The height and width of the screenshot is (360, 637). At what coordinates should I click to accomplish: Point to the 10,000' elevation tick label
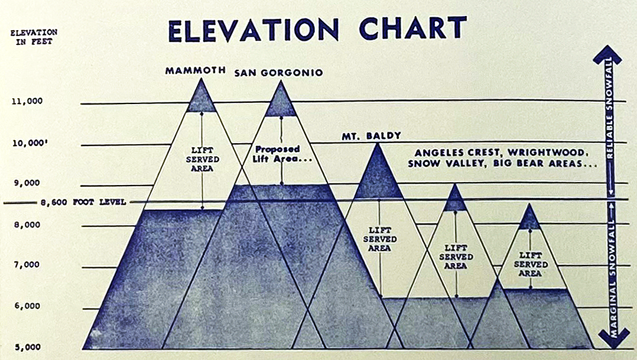coord(28,142)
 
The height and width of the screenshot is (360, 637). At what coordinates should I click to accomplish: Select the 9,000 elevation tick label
coord(27,183)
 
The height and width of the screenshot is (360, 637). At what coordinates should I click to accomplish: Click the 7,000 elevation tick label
coord(27,264)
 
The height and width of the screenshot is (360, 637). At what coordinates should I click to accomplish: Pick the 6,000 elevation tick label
coord(27,306)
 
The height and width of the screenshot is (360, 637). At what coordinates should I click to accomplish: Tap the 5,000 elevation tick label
coord(27,347)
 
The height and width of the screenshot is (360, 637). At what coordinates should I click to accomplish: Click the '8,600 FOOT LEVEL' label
coord(83,202)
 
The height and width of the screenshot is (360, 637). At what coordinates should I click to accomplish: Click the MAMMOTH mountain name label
coord(195,70)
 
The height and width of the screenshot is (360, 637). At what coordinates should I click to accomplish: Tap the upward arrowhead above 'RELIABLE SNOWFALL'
coord(609,55)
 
